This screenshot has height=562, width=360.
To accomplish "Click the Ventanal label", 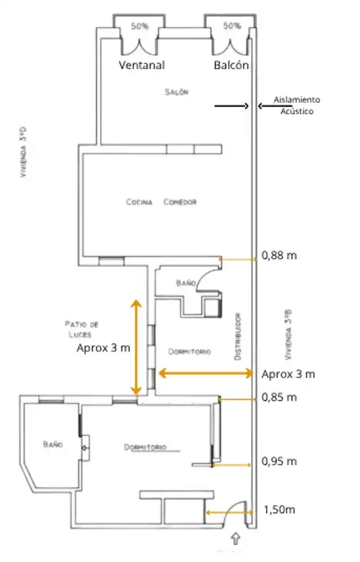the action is coord(142,65).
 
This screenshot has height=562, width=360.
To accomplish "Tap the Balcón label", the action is coord(232,65).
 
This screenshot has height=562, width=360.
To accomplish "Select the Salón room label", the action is coord(177,92).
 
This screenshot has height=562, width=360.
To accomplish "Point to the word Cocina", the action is coord(139,202).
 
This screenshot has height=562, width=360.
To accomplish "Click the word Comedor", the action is coord(180,202).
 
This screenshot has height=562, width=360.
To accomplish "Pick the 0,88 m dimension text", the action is coord(279,255).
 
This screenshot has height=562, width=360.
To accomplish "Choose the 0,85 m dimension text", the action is coord(279,397).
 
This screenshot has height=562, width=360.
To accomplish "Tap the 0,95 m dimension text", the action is coord(279,461).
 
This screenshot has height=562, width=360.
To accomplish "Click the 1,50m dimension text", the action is coord(279,509).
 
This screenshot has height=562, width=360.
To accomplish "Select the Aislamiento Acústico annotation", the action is coord(297,106).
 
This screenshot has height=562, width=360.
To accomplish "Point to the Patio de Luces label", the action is coord(82,329).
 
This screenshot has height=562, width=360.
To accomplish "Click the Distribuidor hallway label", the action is coord(237,337).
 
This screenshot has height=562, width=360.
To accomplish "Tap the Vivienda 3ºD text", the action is coord(24,152).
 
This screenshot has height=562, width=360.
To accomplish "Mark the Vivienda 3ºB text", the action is coord(289,334).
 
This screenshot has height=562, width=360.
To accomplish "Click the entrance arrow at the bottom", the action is coord(235,538).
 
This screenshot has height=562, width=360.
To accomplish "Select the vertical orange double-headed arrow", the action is coord(135,347).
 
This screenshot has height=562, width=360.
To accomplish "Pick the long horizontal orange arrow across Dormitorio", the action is coord(206,374).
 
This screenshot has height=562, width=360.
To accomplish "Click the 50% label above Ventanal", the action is coord(140,26).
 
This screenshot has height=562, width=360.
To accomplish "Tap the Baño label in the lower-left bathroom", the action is coord(53,444).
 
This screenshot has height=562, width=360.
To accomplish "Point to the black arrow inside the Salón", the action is coord(232,106).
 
